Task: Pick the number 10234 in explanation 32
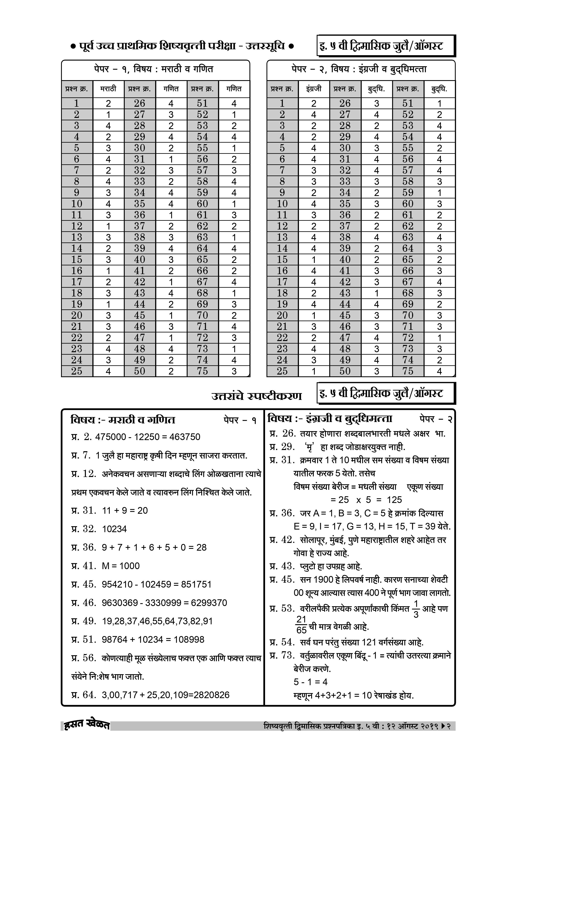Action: (x=114, y=529)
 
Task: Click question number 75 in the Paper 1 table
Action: (x=202, y=371)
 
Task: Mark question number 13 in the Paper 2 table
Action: (x=282, y=237)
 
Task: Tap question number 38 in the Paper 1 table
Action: (x=140, y=237)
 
